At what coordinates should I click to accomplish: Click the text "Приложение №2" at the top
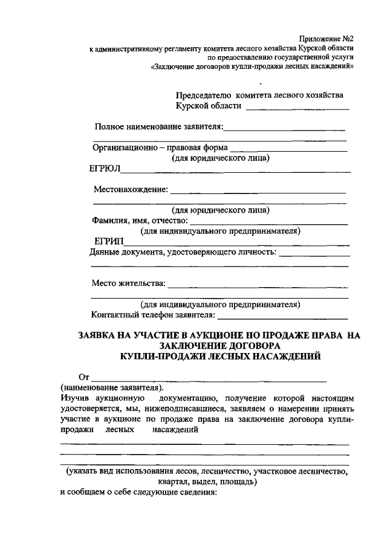tap(327, 38)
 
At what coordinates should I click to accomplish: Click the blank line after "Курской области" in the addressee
tap(298, 107)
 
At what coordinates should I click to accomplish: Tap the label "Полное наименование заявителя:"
tap(158, 127)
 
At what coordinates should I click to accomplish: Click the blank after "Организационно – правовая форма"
tap(288, 147)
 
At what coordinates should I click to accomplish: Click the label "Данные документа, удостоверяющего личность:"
tap(183, 252)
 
